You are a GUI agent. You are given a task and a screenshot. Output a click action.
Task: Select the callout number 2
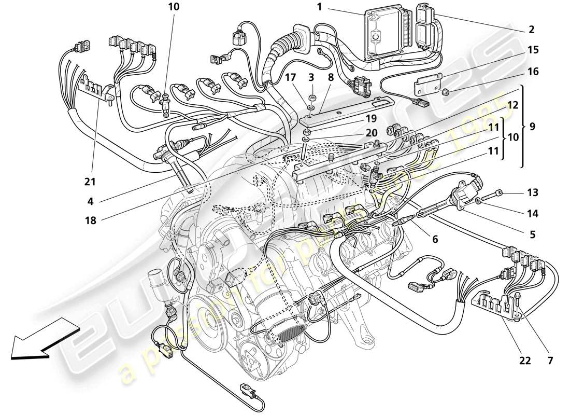tap(532, 30)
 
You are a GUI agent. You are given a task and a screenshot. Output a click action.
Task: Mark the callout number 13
tap(532, 192)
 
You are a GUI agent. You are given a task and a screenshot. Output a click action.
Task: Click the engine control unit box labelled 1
tap(386, 34)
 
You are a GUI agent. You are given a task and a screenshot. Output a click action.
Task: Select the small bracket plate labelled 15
tap(427, 82)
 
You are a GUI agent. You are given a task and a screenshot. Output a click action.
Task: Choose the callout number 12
tap(512, 105)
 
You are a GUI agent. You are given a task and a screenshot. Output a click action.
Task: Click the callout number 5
tap(533, 234)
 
